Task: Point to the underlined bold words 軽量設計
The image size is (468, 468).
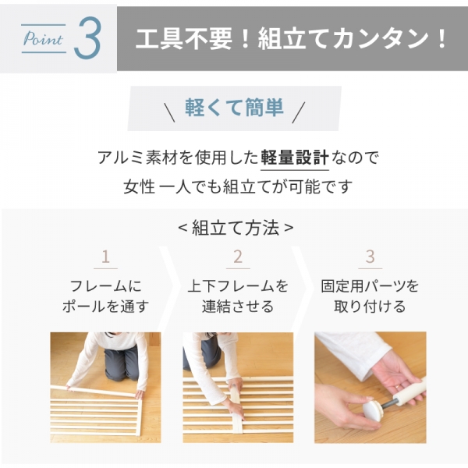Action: tap(294, 157)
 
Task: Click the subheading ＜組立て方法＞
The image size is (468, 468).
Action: tap(235, 228)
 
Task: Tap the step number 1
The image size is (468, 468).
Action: tap(105, 257)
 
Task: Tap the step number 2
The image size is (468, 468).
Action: tap(237, 257)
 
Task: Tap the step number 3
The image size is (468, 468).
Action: tap(370, 257)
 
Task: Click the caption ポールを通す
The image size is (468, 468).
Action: tap(105, 307)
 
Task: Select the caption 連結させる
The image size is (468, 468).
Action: tap(238, 307)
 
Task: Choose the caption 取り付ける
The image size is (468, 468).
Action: tap(370, 307)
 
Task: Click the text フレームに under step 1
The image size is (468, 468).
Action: tap(105, 286)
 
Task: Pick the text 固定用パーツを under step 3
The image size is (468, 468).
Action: tap(370, 286)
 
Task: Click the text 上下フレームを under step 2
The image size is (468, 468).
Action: tap(238, 286)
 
